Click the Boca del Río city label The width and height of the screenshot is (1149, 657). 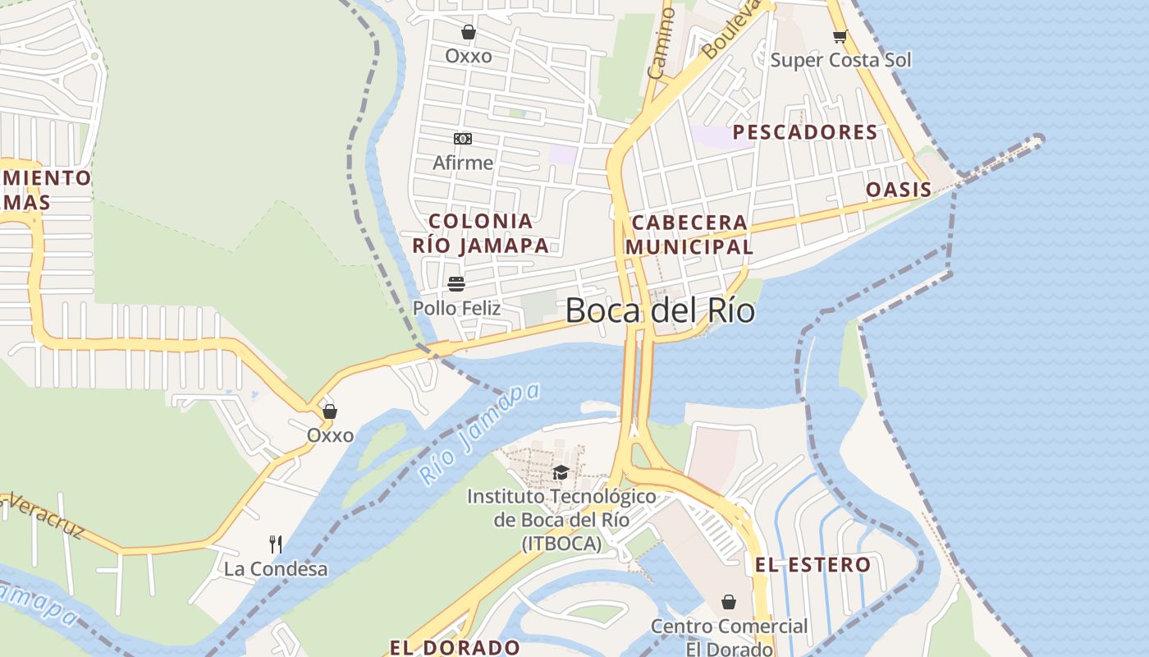coord(660,311)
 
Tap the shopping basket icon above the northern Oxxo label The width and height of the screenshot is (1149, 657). coord(469,32)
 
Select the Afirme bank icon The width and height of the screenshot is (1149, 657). coord(463,139)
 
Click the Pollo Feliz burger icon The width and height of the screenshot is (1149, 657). coord(456,284)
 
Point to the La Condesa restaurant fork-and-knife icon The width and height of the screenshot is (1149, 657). coord(276,544)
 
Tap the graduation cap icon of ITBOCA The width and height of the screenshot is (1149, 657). coord(561,472)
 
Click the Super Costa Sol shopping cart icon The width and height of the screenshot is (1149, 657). coord(840,36)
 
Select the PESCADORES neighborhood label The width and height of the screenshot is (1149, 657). coord(804,132)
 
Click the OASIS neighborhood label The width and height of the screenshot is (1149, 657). coord(899,190)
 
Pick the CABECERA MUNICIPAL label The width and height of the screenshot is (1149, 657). coord(689,234)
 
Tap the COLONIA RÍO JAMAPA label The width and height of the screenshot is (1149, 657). coord(480,232)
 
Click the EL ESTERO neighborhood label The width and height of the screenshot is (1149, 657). coord(813,564)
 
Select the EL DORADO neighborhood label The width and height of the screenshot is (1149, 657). coord(454,646)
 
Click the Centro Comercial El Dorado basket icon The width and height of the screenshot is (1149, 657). coord(728,602)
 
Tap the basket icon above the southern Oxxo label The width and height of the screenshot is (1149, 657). coord(329,411)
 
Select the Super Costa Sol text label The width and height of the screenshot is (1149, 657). coord(840,60)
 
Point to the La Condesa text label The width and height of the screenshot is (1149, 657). coord(276,568)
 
